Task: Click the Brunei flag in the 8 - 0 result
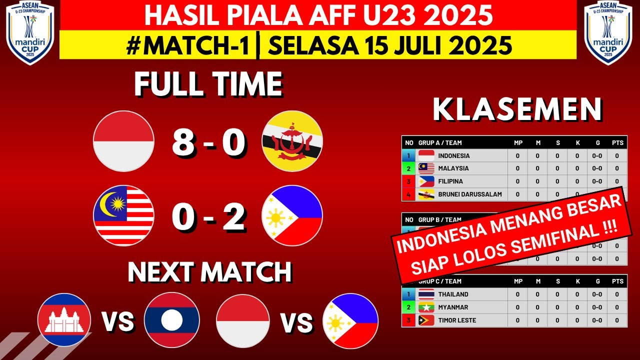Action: (292, 141)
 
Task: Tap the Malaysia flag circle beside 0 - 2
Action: (123, 215)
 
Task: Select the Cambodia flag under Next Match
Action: (64, 320)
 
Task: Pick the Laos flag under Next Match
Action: (172, 320)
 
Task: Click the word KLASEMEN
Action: (517, 110)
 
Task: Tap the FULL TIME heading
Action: (208, 84)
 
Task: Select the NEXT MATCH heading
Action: (209, 272)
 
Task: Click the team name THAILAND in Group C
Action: (453, 294)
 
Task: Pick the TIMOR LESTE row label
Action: (457, 320)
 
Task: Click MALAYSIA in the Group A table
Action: (453, 168)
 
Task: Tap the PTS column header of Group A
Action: (617, 143)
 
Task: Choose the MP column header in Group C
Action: (518, 281)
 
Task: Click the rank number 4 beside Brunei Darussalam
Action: (408, 194)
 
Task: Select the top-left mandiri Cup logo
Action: (30, 32)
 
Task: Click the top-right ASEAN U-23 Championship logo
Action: (608, 32)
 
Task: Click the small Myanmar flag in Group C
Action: (426, 307)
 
